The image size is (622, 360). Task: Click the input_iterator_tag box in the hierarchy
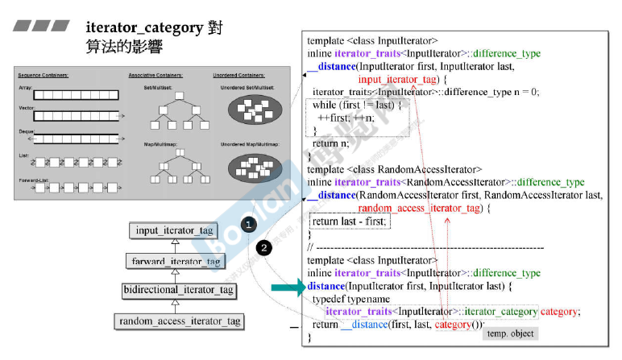pyautogui.click(x=175, y=231)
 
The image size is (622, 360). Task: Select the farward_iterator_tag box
pyautogui.click(x=175, y=262)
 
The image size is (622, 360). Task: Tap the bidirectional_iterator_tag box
pyautogui.click(x=178, y=290)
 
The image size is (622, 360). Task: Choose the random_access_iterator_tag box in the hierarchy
pyautogui.click(x=180, y=321)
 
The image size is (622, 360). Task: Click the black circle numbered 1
pyautogui.click(x=251, y=222)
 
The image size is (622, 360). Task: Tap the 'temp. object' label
pyautogui.click(x=508, y=333)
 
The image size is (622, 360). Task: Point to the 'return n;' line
pyautogui.click(x=325, y=144)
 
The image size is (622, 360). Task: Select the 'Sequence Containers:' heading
pyautogui.click(x=43, y=75)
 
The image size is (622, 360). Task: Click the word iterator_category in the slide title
pyautogui.click(x=143, y=27)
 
